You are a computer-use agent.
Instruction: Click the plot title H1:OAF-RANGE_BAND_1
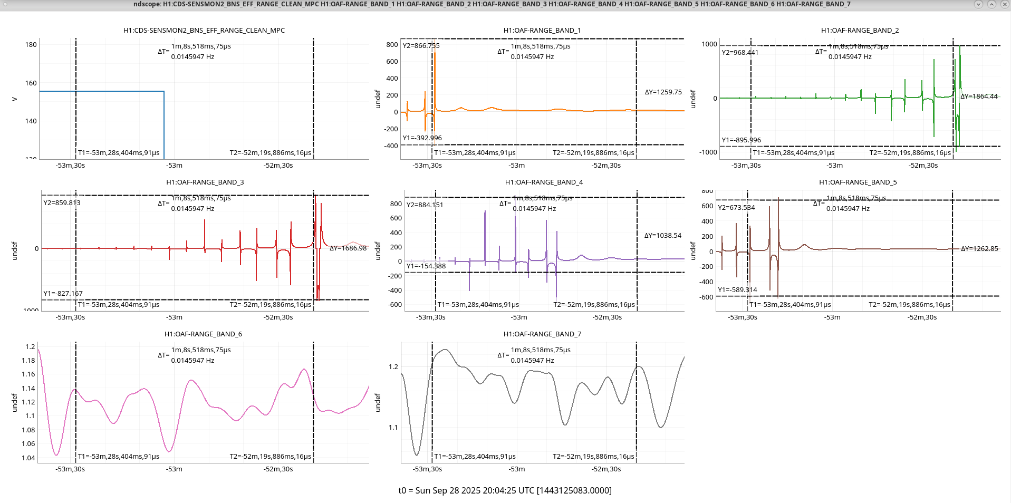(542, 31)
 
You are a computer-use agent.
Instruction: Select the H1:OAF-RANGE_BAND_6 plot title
(203, 334)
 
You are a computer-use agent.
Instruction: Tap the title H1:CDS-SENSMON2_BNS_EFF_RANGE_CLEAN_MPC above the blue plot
(204, 31)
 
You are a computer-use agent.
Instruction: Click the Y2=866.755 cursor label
(421, 46)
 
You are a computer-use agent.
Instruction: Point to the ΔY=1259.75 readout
(663, 92)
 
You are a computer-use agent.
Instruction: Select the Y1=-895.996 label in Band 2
(741, 140)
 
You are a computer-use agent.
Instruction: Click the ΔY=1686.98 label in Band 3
(348, 248)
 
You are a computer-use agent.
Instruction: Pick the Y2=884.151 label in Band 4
(425, 205)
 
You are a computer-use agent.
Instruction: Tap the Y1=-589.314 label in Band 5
(737, 290)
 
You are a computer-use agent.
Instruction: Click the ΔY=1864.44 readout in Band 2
(979, 96)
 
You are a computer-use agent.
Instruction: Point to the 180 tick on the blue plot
(31, 45)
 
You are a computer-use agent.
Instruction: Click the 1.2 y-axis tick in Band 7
(393, 367)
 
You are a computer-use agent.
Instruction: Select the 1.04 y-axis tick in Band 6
(28, 458)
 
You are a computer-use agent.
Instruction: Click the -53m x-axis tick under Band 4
(519, 317)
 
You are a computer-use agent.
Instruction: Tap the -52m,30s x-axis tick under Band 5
(922, 317)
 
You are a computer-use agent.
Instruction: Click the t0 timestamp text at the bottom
(505, 491)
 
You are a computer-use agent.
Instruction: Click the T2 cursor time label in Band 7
(593, 457)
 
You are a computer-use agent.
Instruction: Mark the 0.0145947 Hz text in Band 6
(192, 361)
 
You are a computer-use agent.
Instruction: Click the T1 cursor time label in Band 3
(119, 305)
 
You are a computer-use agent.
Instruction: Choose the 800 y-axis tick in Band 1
(392, 45)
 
